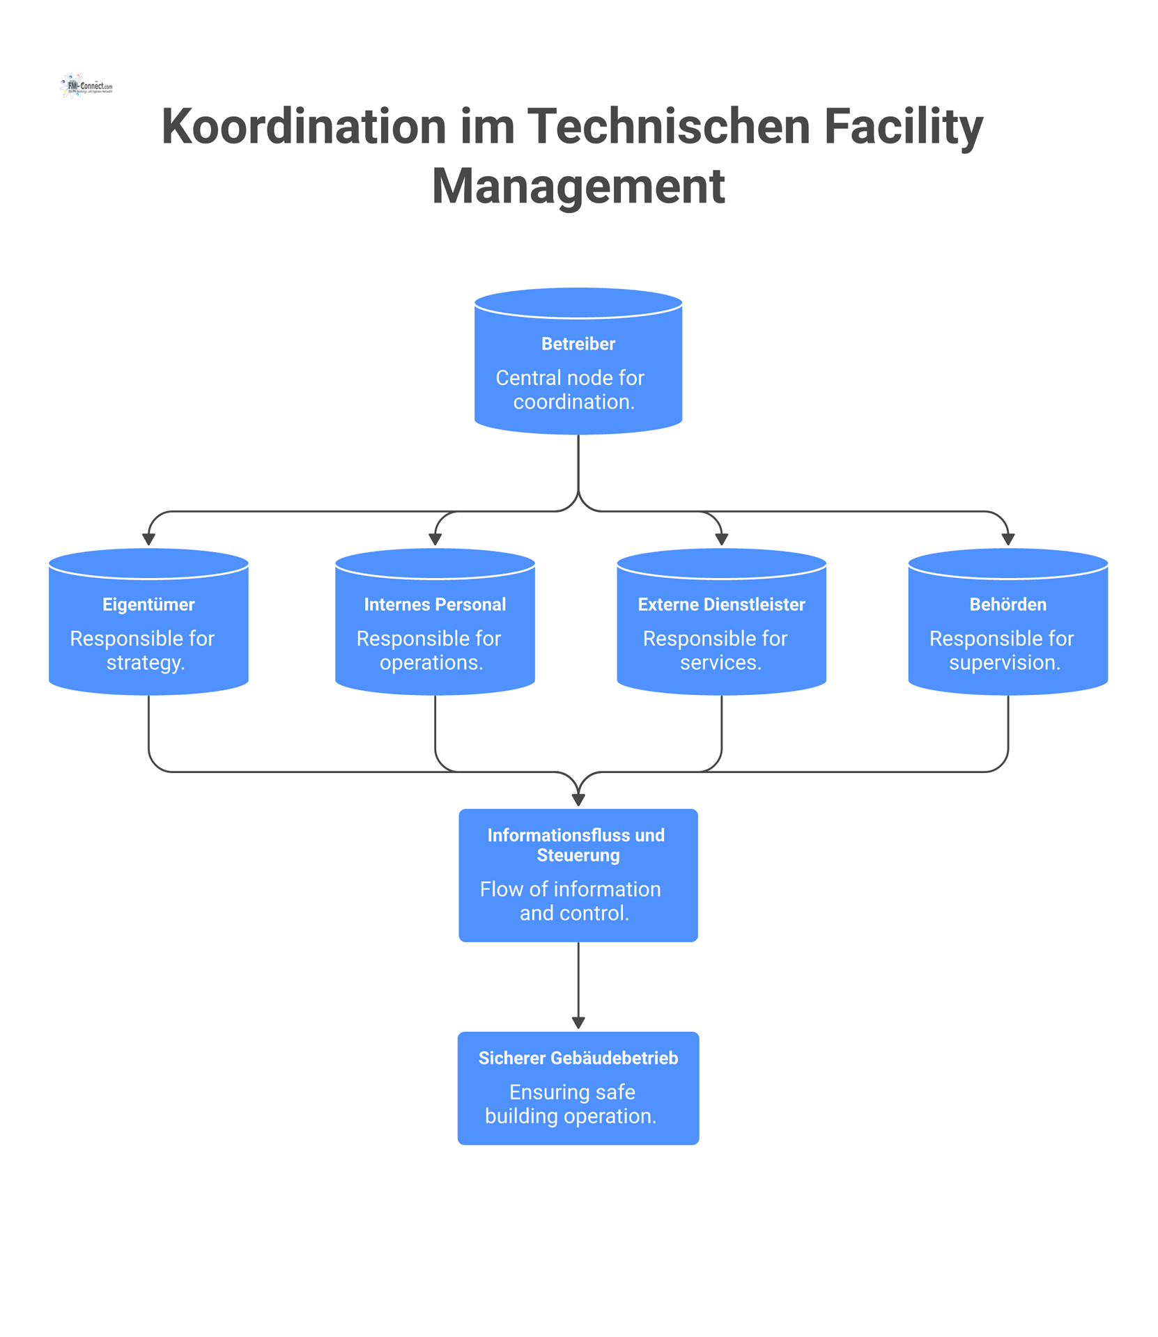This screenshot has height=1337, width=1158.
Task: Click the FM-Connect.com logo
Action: [x=86, y=86]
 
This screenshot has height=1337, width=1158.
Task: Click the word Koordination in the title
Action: [x=302, y=127]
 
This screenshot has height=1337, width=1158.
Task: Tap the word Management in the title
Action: [x=578, y=186]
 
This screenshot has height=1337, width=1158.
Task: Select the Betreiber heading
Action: [x=578, y=344]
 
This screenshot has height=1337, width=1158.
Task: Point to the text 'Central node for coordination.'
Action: [x=571, y=390]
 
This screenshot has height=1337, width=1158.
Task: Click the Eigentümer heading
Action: [x=148, y=604]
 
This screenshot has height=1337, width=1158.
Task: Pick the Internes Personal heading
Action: [x=435, y=604]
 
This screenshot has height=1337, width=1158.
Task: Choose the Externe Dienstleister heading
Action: [x=721, y=604]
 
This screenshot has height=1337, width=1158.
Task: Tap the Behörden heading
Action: [x=1008, y=604]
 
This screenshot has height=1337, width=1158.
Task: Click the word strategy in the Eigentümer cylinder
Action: [x=144, y=663]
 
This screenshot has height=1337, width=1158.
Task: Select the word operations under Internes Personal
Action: [x=430, y=663]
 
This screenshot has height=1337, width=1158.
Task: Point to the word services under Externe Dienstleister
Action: [x=720, y=663]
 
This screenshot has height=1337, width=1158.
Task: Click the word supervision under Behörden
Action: [x=1003, y=663]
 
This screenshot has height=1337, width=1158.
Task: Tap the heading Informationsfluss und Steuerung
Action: [x=577, y=845]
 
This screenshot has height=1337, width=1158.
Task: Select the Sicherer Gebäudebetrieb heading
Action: [x=578, y=1058]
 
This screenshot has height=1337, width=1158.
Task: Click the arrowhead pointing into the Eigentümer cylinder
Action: [x=148, y=540]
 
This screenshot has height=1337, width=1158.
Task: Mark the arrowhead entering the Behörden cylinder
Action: [x=1008, y=540]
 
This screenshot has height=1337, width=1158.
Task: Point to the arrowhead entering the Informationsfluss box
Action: [x=578, y=800]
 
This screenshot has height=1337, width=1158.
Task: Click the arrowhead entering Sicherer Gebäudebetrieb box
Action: [x=578, y=1023]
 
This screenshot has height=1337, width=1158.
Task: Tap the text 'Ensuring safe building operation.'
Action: [x=571, y=1104]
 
